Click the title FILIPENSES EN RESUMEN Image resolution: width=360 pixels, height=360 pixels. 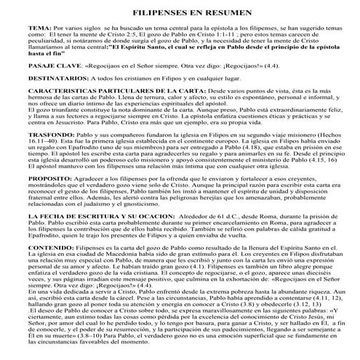[x=180, y=15]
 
